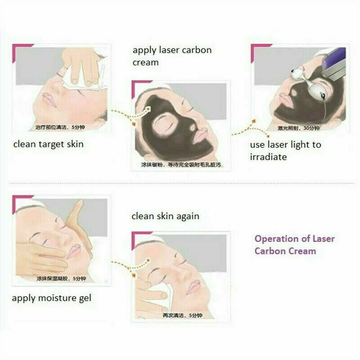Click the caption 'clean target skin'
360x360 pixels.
coord(48,145)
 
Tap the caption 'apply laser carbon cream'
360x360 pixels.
coord(172,56)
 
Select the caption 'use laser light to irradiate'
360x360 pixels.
coord(285,151)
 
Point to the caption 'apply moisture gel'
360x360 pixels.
coord(51,298)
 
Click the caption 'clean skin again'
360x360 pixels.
coord(165,216)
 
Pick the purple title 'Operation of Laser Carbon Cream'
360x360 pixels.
coord(294,244)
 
